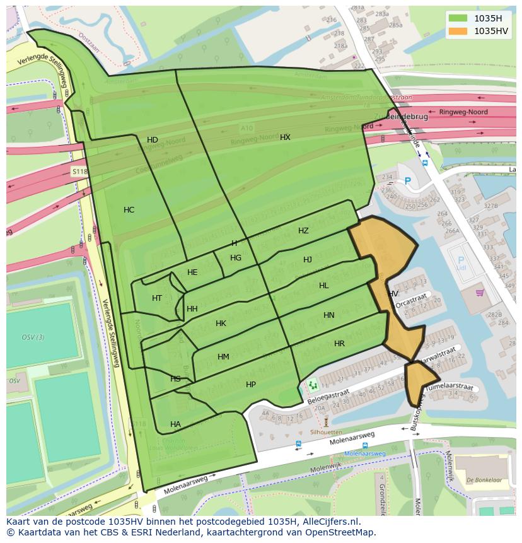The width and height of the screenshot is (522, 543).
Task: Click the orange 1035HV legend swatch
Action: pos(458,30)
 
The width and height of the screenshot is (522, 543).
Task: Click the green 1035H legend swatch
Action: pos(458,18)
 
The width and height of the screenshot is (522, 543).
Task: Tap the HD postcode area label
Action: pos(153,140)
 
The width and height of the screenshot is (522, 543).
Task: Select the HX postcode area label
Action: pos(286,137)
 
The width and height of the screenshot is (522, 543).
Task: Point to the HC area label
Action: pos(129,210)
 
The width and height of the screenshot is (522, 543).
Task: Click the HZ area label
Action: pos(304,231)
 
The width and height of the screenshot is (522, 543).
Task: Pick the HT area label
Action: pos(157,298)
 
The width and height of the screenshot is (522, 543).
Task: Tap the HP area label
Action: pos(251,385)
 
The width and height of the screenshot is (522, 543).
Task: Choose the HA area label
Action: pos(175,424)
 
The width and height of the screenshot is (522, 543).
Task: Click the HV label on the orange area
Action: pos(393,294)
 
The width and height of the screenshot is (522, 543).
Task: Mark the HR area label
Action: pos(339,344)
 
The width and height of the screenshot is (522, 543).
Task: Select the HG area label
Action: pos(236,258)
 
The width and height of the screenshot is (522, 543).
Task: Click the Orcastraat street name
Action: pos(412,299)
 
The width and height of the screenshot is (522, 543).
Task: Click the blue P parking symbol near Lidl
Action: pos(461,259)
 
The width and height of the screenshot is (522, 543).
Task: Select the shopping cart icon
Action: pos(480,293)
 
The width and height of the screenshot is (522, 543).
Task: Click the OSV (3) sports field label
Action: pos(33,337)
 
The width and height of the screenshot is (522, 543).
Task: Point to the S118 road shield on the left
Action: pos(79,171)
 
